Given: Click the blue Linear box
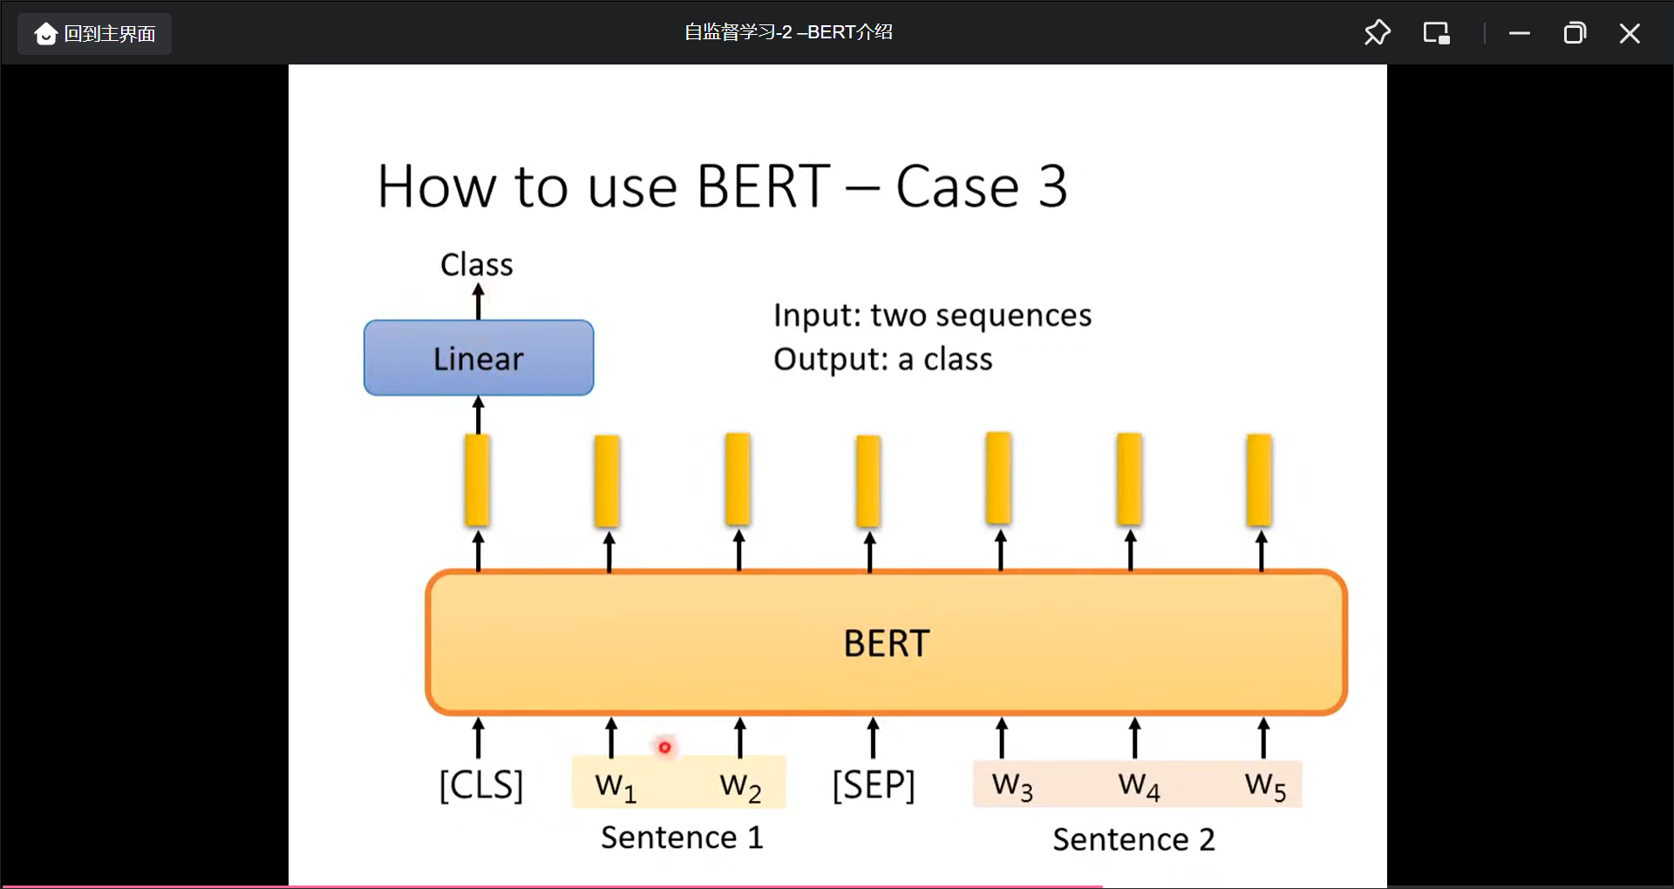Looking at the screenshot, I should pyautogui.click(x=479, y=358).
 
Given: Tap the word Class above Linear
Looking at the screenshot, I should pyautogui.click(x=476, y=264).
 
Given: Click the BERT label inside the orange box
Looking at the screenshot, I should pyautogui.click(x=886, y=643).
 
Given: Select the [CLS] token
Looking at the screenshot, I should pyautogui.click(x=480, y=785).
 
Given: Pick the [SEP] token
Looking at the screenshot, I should pyautogui.click(x=874, y=785).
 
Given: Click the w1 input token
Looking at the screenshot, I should pyautogui.click(x=616, y=786).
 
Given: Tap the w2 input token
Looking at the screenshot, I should pyautogui.click(x=740, y=786).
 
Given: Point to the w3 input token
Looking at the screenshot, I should pyautogui.click(x=1012, y=786).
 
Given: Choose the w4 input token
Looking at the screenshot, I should pyautogui.click(x=1139, y=786).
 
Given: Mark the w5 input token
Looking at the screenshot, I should pyautogui.click(x=1265, y=786).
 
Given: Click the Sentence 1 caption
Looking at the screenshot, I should pyautogui.click(x=682, y=838).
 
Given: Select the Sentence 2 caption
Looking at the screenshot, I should pyautogui.click(x=1133, y=839).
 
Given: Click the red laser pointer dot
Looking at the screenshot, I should pyautogui.click(x=664, y=747).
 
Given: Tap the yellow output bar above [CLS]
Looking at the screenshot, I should pyautogui.click(x=477, y=480).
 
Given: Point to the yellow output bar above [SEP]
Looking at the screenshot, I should pyautogui.click(x=868, y=481).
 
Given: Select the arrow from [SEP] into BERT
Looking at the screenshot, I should pyautogui.click(x=873, y=737).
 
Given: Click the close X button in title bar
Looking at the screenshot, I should pyautogui.click(x=1629, y=33).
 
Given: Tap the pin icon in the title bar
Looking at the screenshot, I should pyautogui.click(x=1377, y=33).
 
